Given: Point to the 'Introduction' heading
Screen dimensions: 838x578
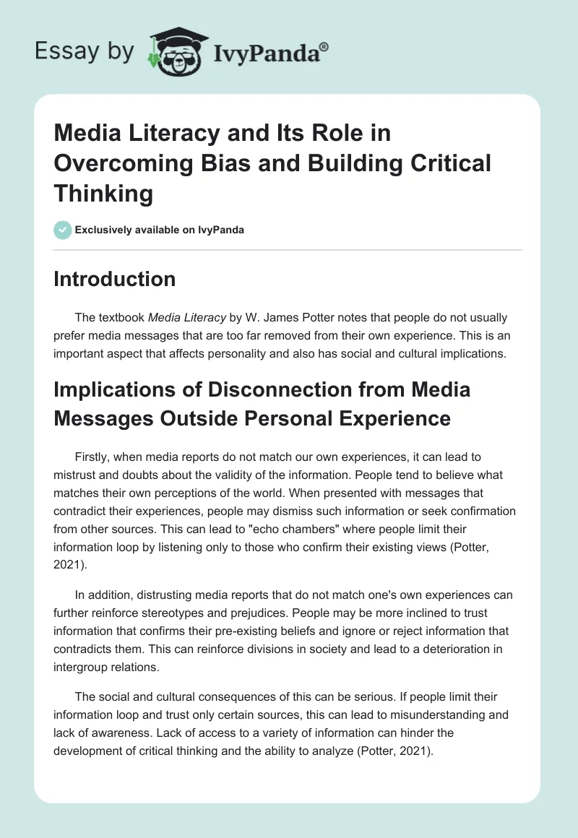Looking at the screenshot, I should click(114, 279).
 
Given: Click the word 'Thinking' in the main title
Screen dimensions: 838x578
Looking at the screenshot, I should click(103, 194).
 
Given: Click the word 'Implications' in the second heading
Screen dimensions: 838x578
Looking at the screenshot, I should click(125, 390).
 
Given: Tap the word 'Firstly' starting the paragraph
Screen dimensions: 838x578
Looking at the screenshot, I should click(92, 457).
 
